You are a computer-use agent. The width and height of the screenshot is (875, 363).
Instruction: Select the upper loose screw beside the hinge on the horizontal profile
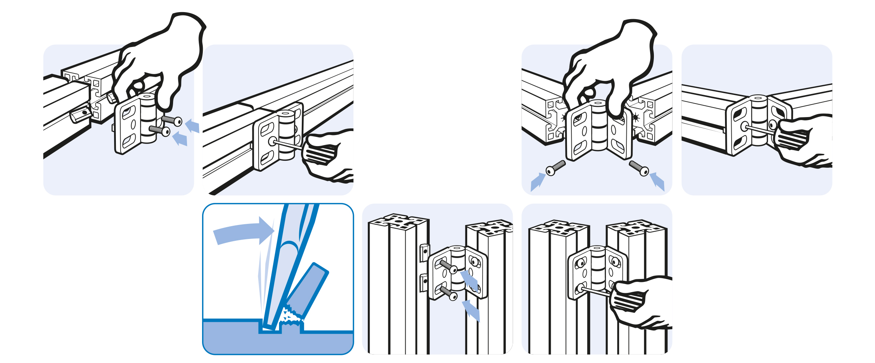(x=172, y=120)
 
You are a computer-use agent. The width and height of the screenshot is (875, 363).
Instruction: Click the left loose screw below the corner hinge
(x=555, y=168)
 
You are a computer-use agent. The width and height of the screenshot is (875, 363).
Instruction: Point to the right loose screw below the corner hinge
(x=639, y=168)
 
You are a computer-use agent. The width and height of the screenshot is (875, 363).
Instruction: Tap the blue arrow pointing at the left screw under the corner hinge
(x=537, y=182)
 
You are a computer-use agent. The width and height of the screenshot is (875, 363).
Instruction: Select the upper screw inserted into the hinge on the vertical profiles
(x=448, y=267)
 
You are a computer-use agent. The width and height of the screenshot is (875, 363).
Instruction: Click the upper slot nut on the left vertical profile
(x=425, y=253)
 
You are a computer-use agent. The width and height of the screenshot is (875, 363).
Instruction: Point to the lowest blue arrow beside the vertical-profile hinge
(x=471, y=311)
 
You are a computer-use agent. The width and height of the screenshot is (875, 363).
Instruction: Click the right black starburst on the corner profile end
(x=636, y=117)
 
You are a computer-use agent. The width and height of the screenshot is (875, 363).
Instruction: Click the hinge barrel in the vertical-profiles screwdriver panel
(x=597, y=272)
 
